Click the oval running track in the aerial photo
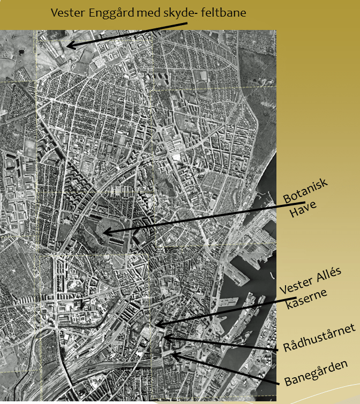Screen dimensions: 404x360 [x=201, y=85]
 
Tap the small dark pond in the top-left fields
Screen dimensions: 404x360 [x=21, y=53]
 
